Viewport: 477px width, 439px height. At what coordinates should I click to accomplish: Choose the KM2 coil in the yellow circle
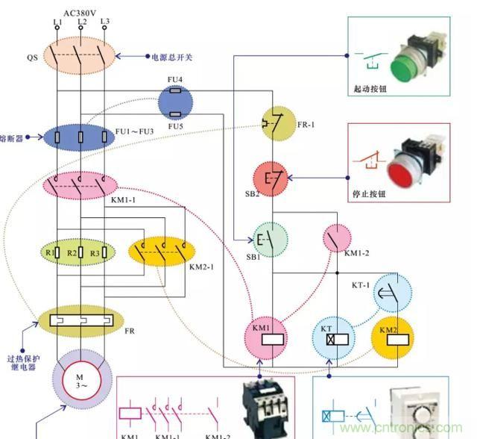(394, 337)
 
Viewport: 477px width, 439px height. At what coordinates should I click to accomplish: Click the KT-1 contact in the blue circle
(391, 292)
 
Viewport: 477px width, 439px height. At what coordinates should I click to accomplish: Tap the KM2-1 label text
(200, 267)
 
